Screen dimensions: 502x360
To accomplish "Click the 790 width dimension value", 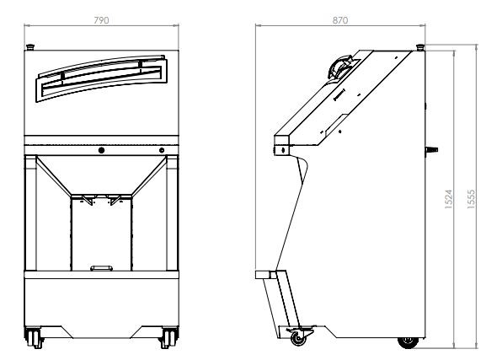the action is coord(101,20).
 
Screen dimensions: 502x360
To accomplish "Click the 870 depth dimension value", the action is coord(340,20).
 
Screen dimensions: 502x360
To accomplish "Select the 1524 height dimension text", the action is coord(449,200).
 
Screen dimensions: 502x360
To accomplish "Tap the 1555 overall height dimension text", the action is coord(472,200).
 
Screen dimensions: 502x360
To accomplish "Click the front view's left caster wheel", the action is coord(34,337).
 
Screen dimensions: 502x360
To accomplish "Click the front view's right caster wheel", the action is coord(168,337).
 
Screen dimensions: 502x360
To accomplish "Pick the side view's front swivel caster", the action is coord(300,336).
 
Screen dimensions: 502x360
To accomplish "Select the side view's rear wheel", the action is coord(408,342).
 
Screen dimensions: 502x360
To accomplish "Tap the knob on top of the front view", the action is coord(30,47).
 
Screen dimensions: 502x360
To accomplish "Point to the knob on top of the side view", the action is coord(420,47).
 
